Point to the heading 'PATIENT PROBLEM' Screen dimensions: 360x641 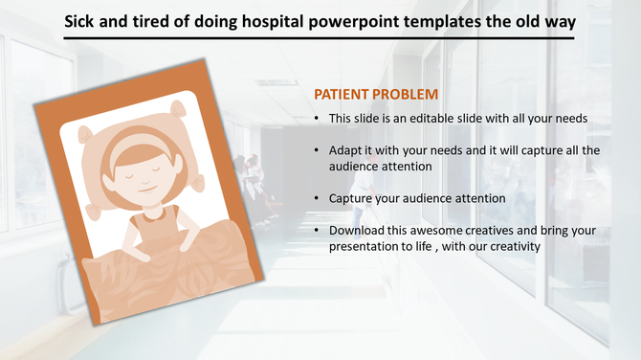pyautogui.click(x=376, y=95)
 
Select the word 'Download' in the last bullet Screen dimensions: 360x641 pyautogui.click(x=356, y=231)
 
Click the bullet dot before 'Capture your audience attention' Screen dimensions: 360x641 pyautogui.click(x=318, y=198)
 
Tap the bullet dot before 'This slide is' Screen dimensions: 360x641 pyautogui.click(x=318, y=119)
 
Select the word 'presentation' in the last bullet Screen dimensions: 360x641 pyautogui.click(x=364, y=246)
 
